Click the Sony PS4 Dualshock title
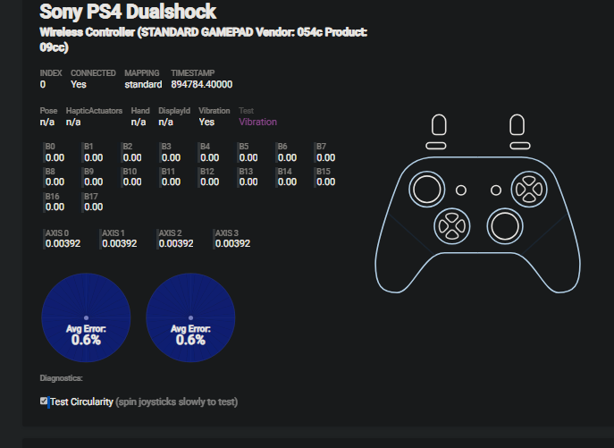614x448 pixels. click(128, 12)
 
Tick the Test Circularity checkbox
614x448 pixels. click(44, 402)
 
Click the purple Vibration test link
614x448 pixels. click(257, 122)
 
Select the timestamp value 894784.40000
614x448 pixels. click(201, 84)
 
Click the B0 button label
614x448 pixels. click(50, 146)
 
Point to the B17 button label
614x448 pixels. click(90, 196)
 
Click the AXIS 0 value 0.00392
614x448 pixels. click(63, 243)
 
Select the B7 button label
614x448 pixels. click(321, 146)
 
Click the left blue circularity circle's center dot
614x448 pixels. click(86, 318)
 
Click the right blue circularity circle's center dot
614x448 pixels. click(190, 318)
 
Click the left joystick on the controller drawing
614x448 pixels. click(425, 188)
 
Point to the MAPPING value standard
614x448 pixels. click(143, 84)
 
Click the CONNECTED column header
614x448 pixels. click(93, 73)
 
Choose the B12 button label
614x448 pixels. click(206, 171)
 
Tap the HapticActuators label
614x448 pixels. click(93, 111)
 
